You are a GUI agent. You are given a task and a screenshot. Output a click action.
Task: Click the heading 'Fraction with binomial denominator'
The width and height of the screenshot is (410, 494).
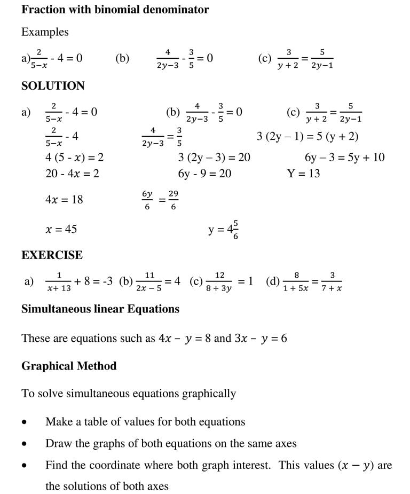[115, 10]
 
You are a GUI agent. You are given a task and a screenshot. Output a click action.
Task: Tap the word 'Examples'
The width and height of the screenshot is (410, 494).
[45, 32]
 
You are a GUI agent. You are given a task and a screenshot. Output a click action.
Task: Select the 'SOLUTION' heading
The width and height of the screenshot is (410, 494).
[53, 86]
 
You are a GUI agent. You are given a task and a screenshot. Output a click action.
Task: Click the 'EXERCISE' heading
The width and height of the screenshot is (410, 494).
[52, 255]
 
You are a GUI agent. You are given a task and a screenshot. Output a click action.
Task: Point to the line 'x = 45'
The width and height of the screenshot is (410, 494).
[61, 229]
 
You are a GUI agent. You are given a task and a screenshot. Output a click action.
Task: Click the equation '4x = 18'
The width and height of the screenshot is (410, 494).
[64, 200]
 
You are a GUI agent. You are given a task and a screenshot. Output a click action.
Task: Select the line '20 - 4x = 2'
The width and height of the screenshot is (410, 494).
[72, 174]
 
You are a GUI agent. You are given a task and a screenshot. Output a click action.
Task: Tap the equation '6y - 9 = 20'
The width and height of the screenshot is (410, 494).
[204, 174]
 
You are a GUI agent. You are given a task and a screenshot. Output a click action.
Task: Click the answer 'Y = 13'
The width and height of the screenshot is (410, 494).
[303, 174]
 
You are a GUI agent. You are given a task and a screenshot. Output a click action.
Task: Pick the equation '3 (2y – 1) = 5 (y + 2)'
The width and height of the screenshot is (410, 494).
[307, 137]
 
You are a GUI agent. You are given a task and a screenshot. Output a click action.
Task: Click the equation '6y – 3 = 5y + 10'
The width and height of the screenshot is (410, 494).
[344, 158]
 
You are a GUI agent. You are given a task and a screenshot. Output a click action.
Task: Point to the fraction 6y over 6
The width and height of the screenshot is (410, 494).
[147, 200]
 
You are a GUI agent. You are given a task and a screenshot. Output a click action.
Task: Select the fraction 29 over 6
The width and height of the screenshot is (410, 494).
[174, 200]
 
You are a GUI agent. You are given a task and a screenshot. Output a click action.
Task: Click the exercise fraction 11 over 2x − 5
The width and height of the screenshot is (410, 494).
[149, 281]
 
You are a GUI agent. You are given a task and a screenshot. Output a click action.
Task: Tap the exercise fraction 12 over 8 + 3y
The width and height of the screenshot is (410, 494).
[219, 281]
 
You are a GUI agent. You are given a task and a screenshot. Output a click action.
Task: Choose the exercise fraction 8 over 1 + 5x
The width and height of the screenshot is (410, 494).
[296, 281]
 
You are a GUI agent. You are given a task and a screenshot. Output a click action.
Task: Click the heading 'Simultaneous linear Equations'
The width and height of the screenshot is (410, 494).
[100, 309]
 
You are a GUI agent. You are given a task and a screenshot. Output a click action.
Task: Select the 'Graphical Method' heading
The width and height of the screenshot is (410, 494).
[69, 366]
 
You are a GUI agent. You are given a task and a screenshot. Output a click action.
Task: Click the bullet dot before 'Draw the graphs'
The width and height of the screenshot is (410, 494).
[25, 444]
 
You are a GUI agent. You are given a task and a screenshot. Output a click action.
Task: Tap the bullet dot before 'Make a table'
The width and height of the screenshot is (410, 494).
[25, 422]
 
